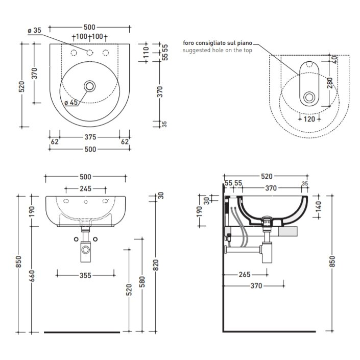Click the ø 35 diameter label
(34, 30)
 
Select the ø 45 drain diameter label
(71, 103)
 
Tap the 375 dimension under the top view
(90, 137)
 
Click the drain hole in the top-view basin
(89, 86)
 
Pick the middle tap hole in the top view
(89, 53)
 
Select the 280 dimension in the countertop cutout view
(330, 83)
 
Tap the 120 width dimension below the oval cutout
(309, 119)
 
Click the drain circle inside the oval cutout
(309, 98)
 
